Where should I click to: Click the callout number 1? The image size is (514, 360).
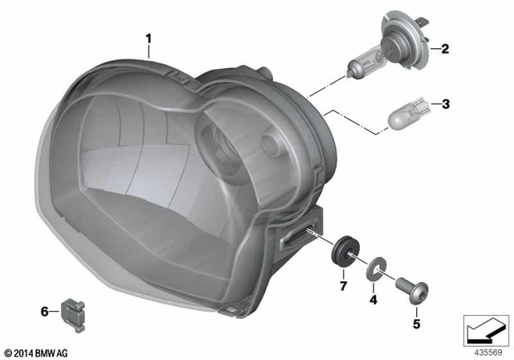tap(148, 37)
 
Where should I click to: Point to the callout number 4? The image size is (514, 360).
tap(373, 301)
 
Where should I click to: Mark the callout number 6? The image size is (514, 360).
tap(45, 309)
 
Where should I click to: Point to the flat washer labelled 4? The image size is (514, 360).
tap(374, 267)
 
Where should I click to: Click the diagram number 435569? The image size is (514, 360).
tap(483, 350)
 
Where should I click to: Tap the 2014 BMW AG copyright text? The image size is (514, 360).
tap(37, 351)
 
